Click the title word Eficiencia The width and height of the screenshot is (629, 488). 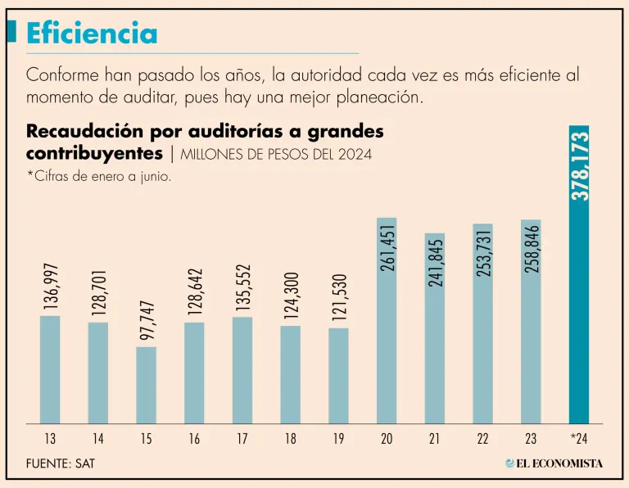pyautogui.click(x=91, y=34)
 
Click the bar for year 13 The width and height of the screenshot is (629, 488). pyautogui.click(x=50, y=369)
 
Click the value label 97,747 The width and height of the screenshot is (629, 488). pyautogui.click(x=146, y=319)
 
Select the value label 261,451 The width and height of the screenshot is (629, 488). pyautogui.click(x=387, y=245)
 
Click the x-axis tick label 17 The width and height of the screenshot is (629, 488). pyautogui.click(x=242, y=440)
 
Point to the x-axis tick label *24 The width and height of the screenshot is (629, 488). pyautogui.click(x=579, y=440)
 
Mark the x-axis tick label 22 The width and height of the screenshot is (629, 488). pyautogui.click(x=483, y=440)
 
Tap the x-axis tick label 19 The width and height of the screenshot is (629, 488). pyautogui.click(x=338, y=440)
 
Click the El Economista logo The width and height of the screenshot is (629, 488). pyautogui.click(x=554, y=463)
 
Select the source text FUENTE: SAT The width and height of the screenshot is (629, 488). pyautogui.click(x=61, y=463)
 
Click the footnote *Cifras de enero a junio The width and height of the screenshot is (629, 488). pyautogui.click(x=98, y=178)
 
